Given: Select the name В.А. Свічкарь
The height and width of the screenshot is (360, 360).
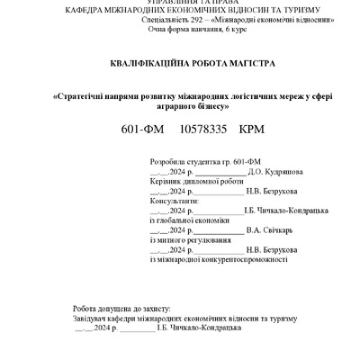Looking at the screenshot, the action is (270, 230).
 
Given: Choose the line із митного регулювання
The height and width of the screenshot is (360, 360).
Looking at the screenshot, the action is (183, 239).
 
